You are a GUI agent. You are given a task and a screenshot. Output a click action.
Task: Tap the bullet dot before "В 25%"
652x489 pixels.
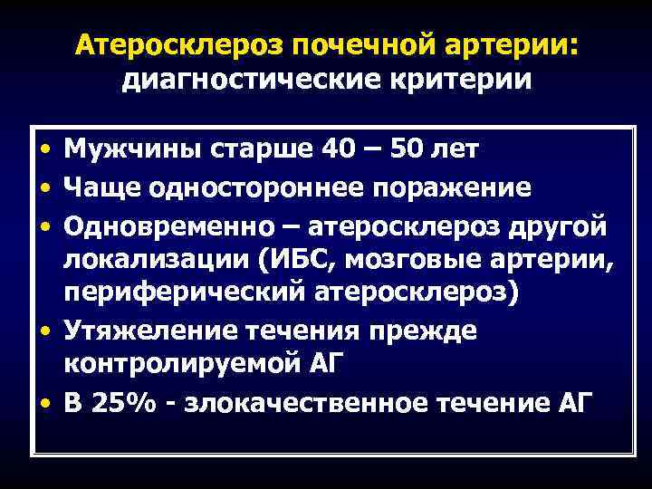(44, 404)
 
